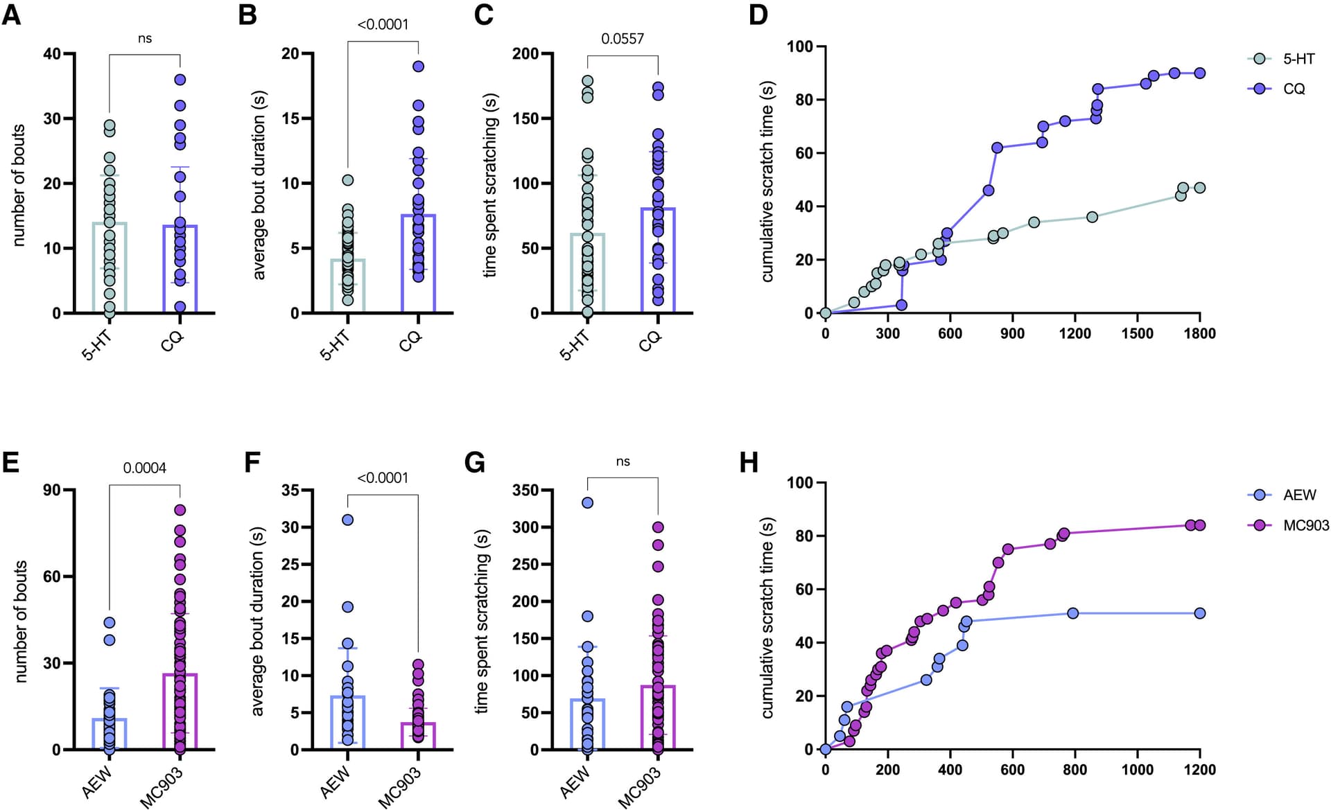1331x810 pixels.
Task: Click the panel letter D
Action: (x=758, y=15)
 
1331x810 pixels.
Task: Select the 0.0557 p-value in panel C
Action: (x=623, y=39)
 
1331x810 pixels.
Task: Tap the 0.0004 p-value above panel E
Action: (x=144, y=468)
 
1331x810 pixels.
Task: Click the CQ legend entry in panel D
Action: (x=1294, y=89)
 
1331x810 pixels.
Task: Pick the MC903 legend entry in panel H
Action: (x=1305, y=525)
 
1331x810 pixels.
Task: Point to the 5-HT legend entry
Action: (x=1298, y=59)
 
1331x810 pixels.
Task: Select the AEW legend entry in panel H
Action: (x=1299, y=495)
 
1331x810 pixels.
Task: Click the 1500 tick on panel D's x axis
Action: (x=1137, y=333)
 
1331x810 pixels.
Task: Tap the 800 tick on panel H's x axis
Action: (x=1075, y=770)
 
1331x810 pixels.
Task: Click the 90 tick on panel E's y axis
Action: (x=51, y=491)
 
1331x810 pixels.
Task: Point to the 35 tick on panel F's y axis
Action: (x=290, y=491)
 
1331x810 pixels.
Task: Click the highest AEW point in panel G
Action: (x=587, y=502)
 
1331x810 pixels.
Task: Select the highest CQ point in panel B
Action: (x=418, y=67)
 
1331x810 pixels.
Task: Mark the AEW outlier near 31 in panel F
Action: (x=347, y=520)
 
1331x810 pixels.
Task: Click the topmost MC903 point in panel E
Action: (x=180, y=510)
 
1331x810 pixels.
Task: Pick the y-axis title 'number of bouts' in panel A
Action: (x=19, y=184)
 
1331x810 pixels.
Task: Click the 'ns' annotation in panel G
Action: (x=623, y=461)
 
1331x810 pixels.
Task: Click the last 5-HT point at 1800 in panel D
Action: (x=1199, y=188)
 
